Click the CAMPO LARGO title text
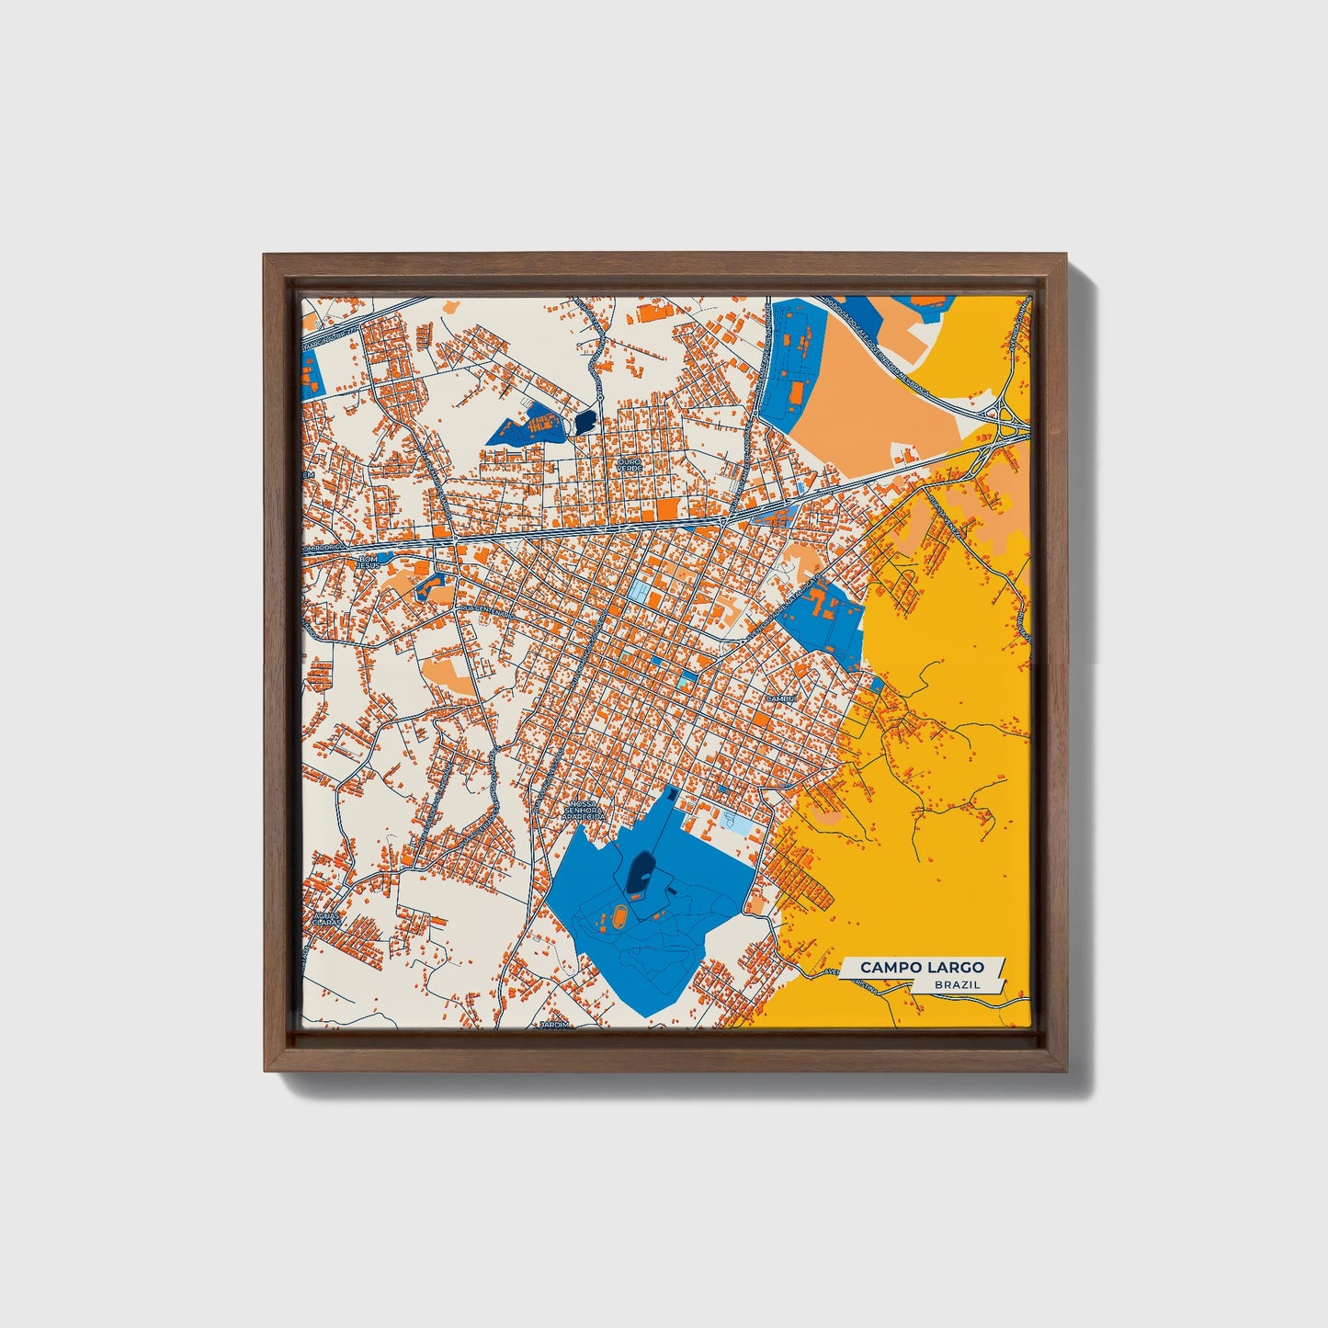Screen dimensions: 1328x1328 pyautogui.click(x=922, y=967)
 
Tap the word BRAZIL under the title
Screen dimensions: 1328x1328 pyautogui.click(x=957, y=984)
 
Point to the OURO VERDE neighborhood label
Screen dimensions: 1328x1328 pyautogui.click(x=630, y=466)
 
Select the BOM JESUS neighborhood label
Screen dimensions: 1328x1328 pyautogui.click(x=369, y=562)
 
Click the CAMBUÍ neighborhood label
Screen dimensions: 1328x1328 pyautogui.click(x=778, y=698)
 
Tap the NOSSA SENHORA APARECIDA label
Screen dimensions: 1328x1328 pyautogui.click(x=585, y=809)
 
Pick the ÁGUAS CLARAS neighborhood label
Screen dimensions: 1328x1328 pyautogui.click(x=327, y=918)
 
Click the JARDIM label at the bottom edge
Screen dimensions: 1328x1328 pyautogui.click(x=555, y=1023)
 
